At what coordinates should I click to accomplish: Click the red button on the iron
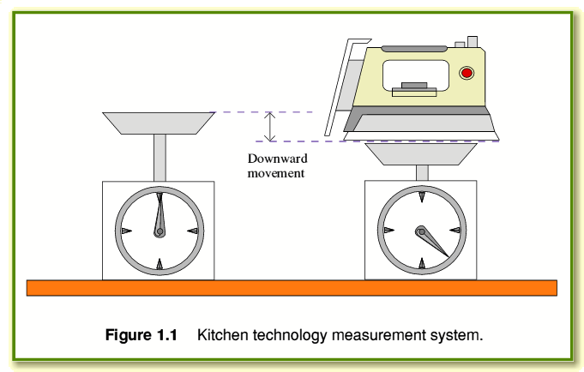[467, 73]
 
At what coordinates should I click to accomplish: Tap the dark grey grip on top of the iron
[414, 49]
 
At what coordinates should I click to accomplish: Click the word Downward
[278, 159]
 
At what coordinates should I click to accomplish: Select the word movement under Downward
[276, 173]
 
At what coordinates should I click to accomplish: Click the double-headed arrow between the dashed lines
[269, 127]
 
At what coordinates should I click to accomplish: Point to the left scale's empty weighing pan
[159, 123]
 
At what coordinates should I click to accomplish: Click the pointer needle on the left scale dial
[160, 215]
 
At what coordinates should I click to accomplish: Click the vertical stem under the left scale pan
[160, 158]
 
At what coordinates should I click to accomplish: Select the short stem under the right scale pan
[422, 173]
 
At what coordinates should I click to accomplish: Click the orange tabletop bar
[292, 288]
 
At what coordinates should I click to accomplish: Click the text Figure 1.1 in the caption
[141, 335]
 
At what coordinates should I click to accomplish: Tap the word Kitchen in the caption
[222, 335]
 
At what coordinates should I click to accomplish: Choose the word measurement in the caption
[379, 335]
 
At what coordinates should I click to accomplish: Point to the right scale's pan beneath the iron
[421, 154]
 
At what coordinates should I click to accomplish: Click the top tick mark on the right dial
[422, 196]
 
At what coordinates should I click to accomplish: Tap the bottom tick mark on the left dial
[160, 264]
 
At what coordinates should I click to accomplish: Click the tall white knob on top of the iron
[473, 42]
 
